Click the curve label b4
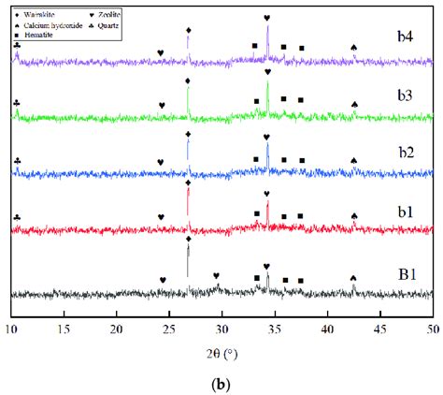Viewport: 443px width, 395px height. pyautogui.click(x=404, y=42)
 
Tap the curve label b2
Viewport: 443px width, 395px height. pyautogui.click(x=404, y=154)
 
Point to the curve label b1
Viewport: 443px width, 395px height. pyautogui.click(x=403, y=212)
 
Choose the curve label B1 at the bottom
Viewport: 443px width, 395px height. pyautogui.click(x=404, y=274)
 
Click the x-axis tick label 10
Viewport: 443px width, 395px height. pyautogui.click(x=11, y=329)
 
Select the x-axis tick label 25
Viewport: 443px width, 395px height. pyautogui.click(x=169, y=329)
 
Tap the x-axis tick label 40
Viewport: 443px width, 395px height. pyautogui.click(x=327, y=329)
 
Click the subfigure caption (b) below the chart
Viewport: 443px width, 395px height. pyautogui.click(x=221, y=382)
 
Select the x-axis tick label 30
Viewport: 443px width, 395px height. pyautogui.click(x=221, y=329)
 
